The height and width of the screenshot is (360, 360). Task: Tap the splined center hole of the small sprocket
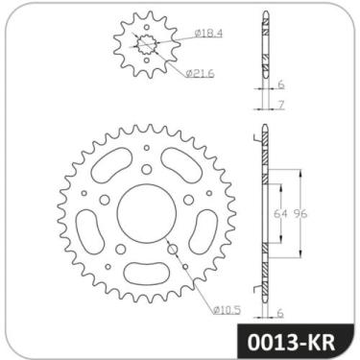point(146,45)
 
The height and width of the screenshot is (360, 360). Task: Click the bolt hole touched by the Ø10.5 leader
point(174,251)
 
